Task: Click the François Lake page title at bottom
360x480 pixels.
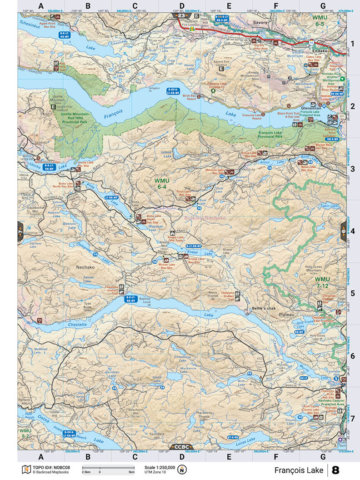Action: [x=299, y=470]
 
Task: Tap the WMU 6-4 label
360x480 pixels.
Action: [x=162, y=184]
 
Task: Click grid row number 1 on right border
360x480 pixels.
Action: [x=352, y=44]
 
